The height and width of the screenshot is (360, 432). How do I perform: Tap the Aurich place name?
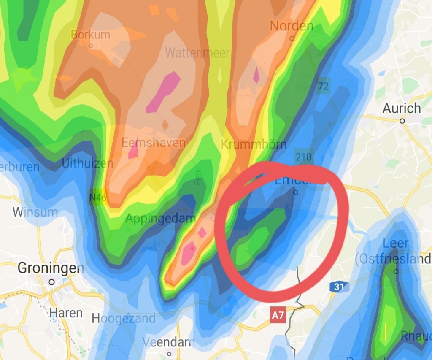coord(402,108)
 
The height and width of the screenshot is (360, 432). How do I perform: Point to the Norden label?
coord(292,26)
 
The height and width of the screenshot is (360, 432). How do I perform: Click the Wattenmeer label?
coord(197,53)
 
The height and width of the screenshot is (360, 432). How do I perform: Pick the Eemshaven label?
coord(153,143)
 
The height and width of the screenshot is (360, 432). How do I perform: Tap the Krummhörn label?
coord(254,144)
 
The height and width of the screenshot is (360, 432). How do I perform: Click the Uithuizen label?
coord(87,163)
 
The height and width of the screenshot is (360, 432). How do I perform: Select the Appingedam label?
coord(161,219)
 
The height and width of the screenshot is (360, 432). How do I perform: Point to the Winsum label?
coord(35,211)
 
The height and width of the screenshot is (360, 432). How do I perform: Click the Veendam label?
coord(169,342)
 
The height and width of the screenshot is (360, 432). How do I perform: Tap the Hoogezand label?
coord(124,319)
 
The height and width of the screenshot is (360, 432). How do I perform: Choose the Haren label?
coord(66,313)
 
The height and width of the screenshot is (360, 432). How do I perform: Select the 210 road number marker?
coord(304,157)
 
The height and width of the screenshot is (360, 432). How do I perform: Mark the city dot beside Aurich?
coord(402,121)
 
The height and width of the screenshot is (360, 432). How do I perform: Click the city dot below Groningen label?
coord(51,282)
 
